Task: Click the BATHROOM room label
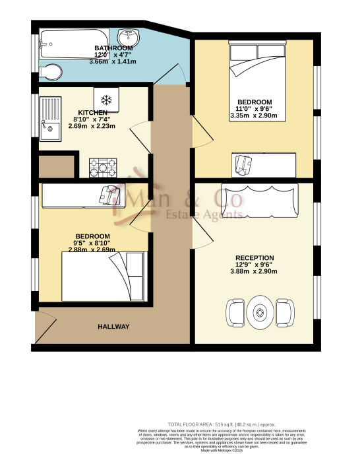pyautogui.click(x=113, y=49)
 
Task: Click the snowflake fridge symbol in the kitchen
pyautogui.click(x=105, y=100)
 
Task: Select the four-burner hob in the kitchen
pyautogui.click(x=103, y=167)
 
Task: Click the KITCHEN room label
pyautogui.click(x=93, y=113)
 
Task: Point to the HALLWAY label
pyautogui.click(x=113, y=327)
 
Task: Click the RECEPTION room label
pyautogui.click(x=255, y=257)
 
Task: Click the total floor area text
pyautogui.click(x=222, y=424)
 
